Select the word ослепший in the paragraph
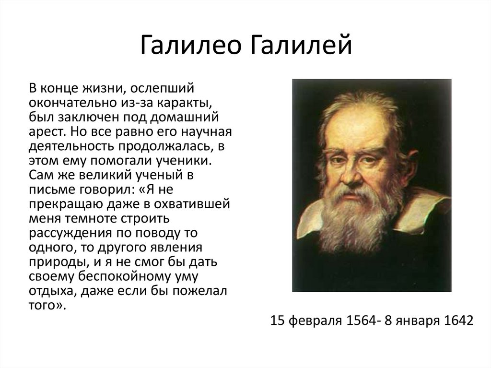[x=162, y=89]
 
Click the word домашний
[x=184, y=118]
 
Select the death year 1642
[x=459, y=321]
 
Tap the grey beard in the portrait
[x=354, y=219]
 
